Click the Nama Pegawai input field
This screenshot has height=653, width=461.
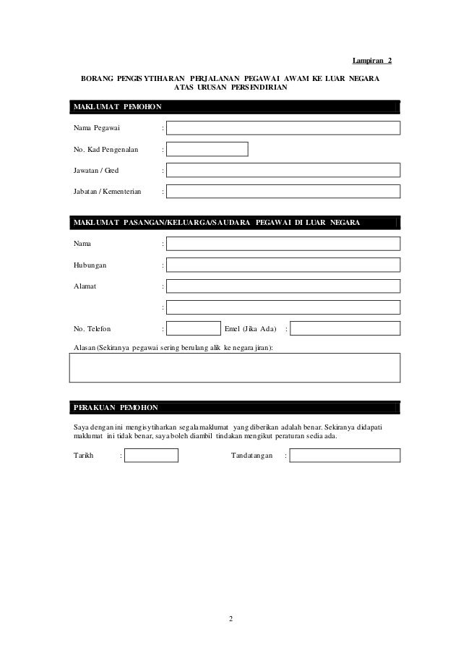283,128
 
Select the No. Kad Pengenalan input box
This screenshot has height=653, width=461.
207,149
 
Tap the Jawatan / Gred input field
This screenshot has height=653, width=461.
283,170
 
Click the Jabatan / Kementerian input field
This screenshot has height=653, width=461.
283,191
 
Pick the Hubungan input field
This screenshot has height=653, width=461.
283,265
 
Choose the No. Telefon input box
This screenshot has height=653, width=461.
193,328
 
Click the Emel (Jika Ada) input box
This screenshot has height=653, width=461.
345,328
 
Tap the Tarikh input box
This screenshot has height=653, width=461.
151,456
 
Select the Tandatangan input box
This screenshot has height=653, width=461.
345,456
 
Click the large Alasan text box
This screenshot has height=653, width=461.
235,367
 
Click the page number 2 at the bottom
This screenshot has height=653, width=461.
231,619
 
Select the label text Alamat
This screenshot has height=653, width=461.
85,286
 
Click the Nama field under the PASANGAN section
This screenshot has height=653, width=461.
283,244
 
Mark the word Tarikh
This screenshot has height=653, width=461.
84,456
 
